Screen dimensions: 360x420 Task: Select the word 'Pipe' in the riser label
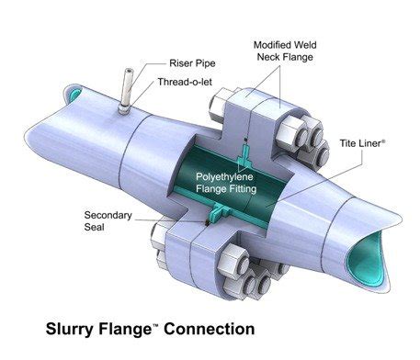[208, 63]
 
